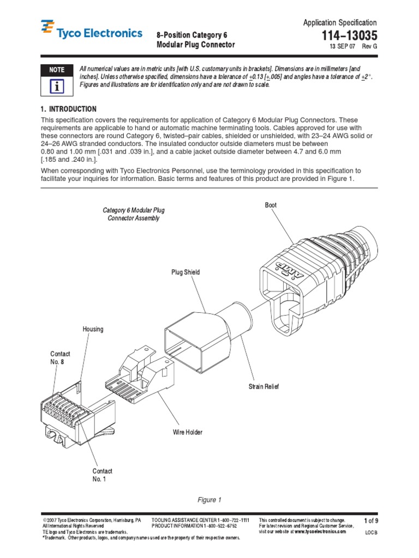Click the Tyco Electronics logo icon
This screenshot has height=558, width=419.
click(48, 27)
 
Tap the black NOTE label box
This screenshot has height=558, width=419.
click(57, 70)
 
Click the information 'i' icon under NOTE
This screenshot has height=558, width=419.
click(57, 86)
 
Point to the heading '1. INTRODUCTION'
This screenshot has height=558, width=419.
click(69, 109)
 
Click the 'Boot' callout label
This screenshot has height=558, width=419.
click(271, 205)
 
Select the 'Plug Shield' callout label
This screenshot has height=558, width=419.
click(185, 272)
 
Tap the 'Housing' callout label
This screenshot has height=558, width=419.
click(93, 330)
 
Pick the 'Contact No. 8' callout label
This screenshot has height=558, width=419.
click(60, 358)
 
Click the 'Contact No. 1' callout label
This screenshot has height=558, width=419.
click(102, 475)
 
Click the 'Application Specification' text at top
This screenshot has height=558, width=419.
click(339, 23)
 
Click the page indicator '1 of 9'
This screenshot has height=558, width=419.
click(371, 521)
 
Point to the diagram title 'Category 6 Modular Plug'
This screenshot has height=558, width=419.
click(134, 210)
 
